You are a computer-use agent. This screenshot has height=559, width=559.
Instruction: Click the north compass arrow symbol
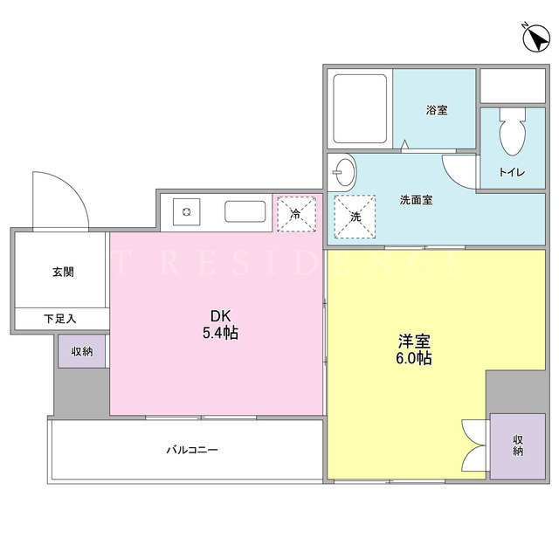pyautogui.click(x=535, y=38)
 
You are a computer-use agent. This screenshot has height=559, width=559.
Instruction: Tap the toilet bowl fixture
pyautogui.click(x=513, y=132)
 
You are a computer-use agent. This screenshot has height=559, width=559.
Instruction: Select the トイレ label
pyautogui.click(x=512, y=172)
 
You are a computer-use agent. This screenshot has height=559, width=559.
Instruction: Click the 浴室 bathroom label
pyautogui.click(x=437, y=110)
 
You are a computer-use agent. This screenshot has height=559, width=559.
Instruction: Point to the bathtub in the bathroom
pyautogui.click(x=360, y=108)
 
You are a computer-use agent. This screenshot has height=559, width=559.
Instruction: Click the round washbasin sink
pyautogui.click(x=345, y=172)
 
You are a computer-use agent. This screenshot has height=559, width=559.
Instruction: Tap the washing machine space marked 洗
pyautogui.click(x=355, y=217)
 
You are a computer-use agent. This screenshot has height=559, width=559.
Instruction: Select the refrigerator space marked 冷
pyautogui.click(x=297, y=214)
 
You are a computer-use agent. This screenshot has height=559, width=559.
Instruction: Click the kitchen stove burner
pyautogui.click(x=186, y=212)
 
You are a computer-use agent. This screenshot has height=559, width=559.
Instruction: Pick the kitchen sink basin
pyautogui.click(x=245, y=211)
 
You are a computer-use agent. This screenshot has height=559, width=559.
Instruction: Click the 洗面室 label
pyautogui.click(x=416, y=200)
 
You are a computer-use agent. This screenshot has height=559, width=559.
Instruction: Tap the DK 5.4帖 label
pyautogui.click(x=221, y=324)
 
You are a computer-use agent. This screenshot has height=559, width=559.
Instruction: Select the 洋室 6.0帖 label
pyautogui.click(x=413, y=349)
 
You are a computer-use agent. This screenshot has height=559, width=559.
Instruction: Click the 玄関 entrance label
pyautogui.click(x=63, y=272)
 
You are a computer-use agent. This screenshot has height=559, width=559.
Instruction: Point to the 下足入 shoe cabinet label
pyautogui.click(x=60, y=318)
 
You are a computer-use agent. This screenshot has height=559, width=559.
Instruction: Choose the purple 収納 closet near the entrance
pyautogui.click(x=82, y=351)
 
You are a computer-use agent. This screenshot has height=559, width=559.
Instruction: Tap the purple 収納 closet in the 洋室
pyautogui.click(x=518, y=446)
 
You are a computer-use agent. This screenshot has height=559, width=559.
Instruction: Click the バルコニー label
pyautogui.click(x=192, y=450)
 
